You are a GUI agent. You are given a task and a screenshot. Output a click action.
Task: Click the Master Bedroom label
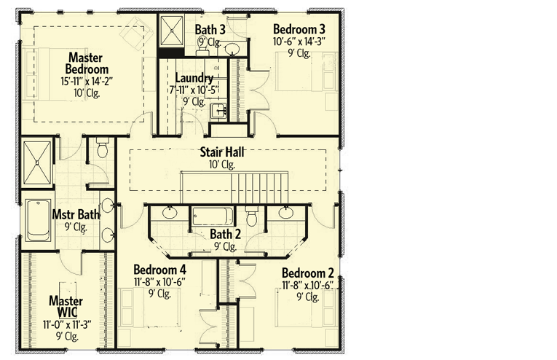tap(89, 63)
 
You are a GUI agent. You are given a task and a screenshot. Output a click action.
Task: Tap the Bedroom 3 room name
tap(299, 29)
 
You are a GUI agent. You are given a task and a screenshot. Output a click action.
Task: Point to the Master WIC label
tap(65, 306)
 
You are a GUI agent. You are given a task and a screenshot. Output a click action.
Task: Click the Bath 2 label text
tap(225, 234)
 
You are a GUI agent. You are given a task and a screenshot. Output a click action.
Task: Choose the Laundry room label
tap(194, 78)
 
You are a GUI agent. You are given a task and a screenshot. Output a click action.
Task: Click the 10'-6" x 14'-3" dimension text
tap(299, 42)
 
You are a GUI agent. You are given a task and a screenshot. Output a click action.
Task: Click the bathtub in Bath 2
tap(213, 216)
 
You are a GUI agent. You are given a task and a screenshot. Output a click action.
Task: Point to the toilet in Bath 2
tap(252, 217)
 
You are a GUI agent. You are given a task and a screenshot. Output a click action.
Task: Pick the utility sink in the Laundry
tap(218, 111)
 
